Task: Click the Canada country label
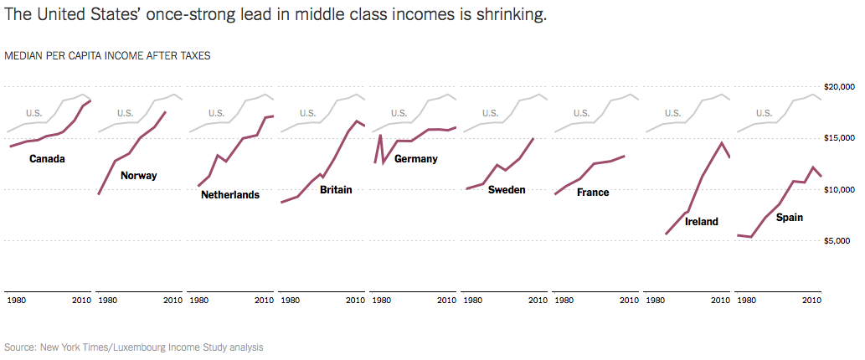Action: (47, 158)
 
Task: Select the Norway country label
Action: (138, 176)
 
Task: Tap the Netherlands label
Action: (230, 195)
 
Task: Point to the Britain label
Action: (336, 190)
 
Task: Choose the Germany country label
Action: (416, 158)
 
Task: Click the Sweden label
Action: (507, 190)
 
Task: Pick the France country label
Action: (593, 193)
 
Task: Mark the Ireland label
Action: (702, 222)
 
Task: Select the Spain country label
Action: (790, 218)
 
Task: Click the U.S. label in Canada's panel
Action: (33, 113)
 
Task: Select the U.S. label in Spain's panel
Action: (765, 113)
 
